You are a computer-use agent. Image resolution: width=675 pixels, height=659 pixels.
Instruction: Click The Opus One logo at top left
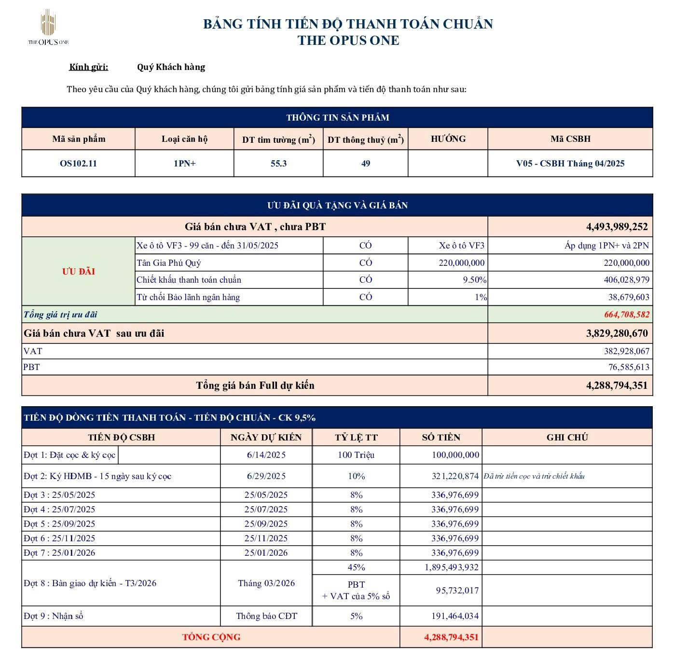coord(48,28)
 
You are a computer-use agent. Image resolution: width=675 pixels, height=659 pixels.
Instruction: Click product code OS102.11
coord(78,164)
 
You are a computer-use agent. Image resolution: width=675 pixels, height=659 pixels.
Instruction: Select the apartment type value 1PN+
coord(185,164)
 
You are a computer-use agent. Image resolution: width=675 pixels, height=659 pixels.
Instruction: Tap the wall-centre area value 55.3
coord(278,164)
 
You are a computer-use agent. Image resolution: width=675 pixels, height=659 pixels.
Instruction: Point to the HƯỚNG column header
coord(448,139)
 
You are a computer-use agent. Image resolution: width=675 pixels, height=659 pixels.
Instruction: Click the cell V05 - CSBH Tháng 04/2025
coord(570,164)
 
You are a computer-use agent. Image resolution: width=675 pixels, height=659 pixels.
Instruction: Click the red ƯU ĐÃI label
coord(78,271)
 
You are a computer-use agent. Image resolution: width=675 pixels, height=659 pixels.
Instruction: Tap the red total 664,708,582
coord(626,315)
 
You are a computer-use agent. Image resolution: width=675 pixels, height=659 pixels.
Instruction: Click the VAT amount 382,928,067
coord(626,351)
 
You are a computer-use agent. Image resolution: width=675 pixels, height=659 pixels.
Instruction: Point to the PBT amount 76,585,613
coord(628,367)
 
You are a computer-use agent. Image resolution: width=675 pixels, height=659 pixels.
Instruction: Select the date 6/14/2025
coord(266,455)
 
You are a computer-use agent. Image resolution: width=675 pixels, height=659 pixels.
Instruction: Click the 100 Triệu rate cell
coord(356,455)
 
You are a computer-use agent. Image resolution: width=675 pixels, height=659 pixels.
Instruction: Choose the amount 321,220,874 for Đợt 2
coord(455,476)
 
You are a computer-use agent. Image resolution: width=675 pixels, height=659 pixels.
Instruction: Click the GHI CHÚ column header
coord(567,438)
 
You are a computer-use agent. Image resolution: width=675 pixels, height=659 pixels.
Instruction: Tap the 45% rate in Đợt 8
coord(356,567)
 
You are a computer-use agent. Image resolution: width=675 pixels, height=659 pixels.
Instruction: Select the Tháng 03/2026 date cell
coord(266,583)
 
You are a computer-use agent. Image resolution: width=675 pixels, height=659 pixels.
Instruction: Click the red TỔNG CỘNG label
coord(211,637)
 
